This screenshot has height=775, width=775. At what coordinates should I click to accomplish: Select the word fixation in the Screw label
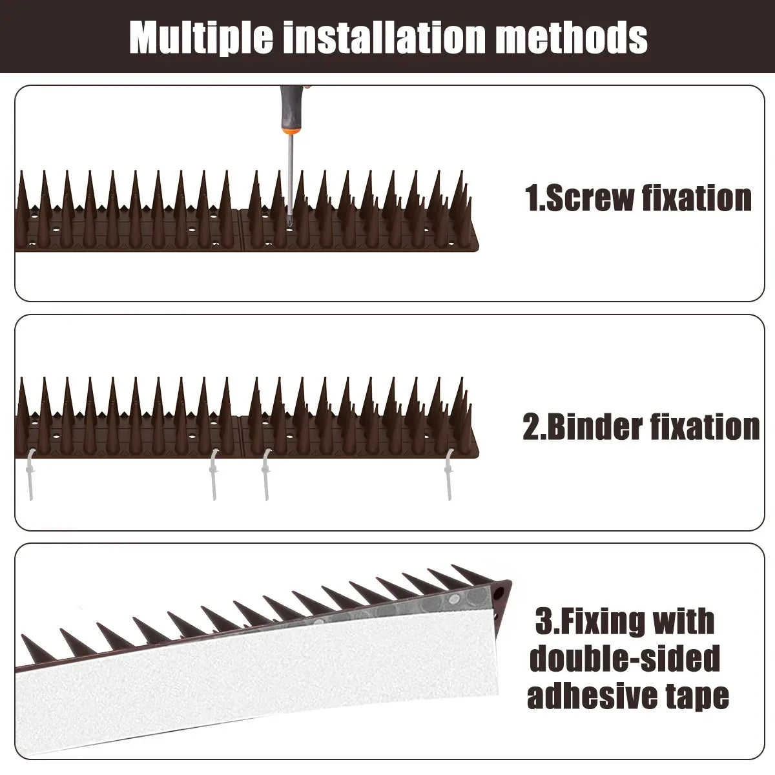tap(697, 198)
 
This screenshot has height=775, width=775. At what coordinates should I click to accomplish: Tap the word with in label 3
tap(685, 622)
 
